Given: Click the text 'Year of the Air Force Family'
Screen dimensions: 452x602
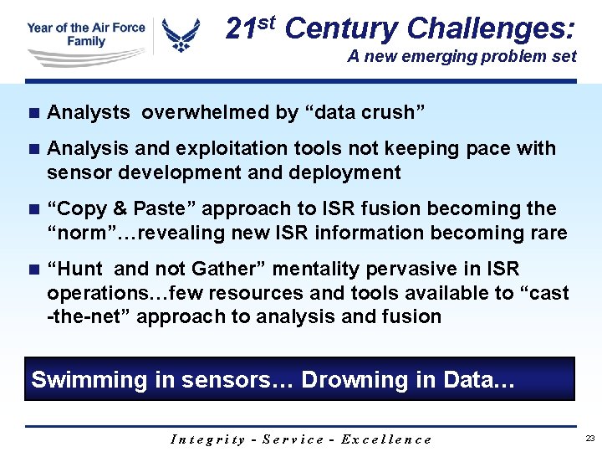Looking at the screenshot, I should [85, 34].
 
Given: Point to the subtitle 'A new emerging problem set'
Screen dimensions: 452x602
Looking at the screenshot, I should [462, 57].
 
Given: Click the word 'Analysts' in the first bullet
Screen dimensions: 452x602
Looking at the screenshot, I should [89, 112].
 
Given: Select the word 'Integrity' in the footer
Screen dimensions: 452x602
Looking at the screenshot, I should [207, 439].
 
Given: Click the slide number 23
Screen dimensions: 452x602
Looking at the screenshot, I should [589, 439].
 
